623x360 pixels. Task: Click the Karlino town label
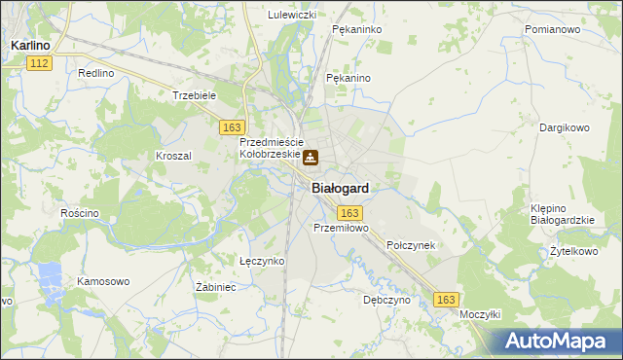31,45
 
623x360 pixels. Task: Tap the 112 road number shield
39,63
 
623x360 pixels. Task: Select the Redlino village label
96,74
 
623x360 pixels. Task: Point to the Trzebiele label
193,95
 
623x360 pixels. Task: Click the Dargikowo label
566,127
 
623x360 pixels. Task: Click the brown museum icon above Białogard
310,158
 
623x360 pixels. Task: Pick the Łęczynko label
262,261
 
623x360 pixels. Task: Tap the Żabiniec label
217,288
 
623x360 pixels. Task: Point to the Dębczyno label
387,301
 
